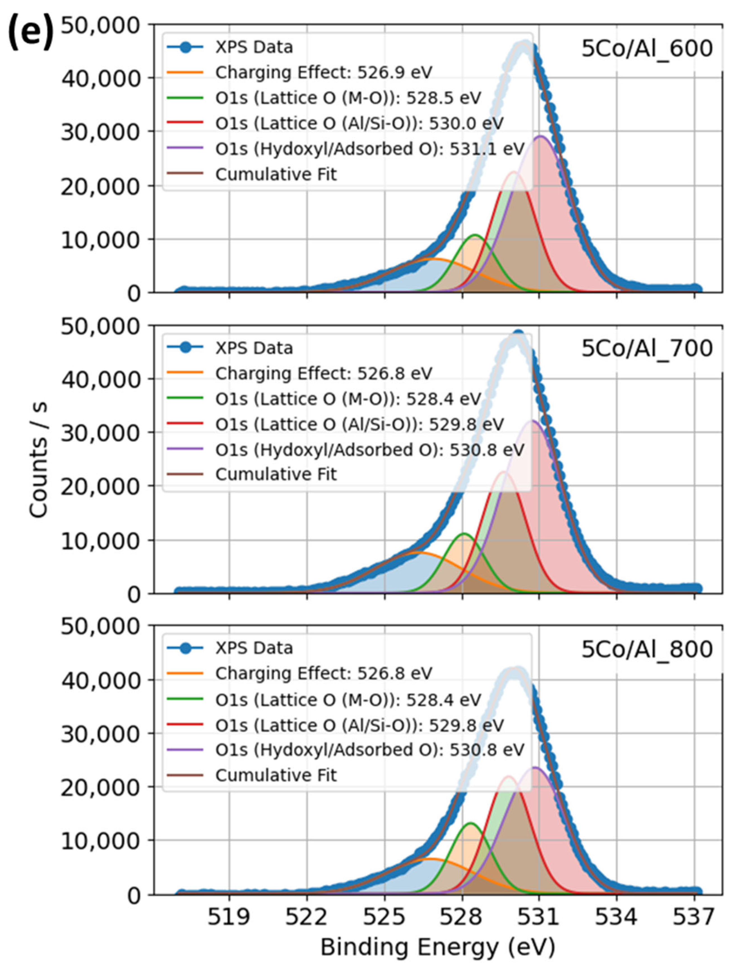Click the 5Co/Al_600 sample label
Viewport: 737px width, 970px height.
point(647,48)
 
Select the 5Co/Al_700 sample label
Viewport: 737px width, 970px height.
point(647,349)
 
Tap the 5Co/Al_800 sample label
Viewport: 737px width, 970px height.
point(647,649)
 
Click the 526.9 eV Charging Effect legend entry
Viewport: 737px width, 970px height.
point(323,72)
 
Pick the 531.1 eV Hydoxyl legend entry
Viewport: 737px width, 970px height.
point(369,149)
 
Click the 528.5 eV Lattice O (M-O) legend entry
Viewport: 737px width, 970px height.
point(348,98)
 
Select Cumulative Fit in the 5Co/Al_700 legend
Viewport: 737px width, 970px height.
point(275,474)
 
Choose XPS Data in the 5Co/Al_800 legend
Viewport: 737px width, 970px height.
point(254,648)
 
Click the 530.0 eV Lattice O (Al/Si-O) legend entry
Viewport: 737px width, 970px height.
point(359,123)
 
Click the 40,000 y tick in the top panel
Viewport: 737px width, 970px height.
point(101,78)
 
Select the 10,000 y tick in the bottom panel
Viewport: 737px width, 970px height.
point(101,840)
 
